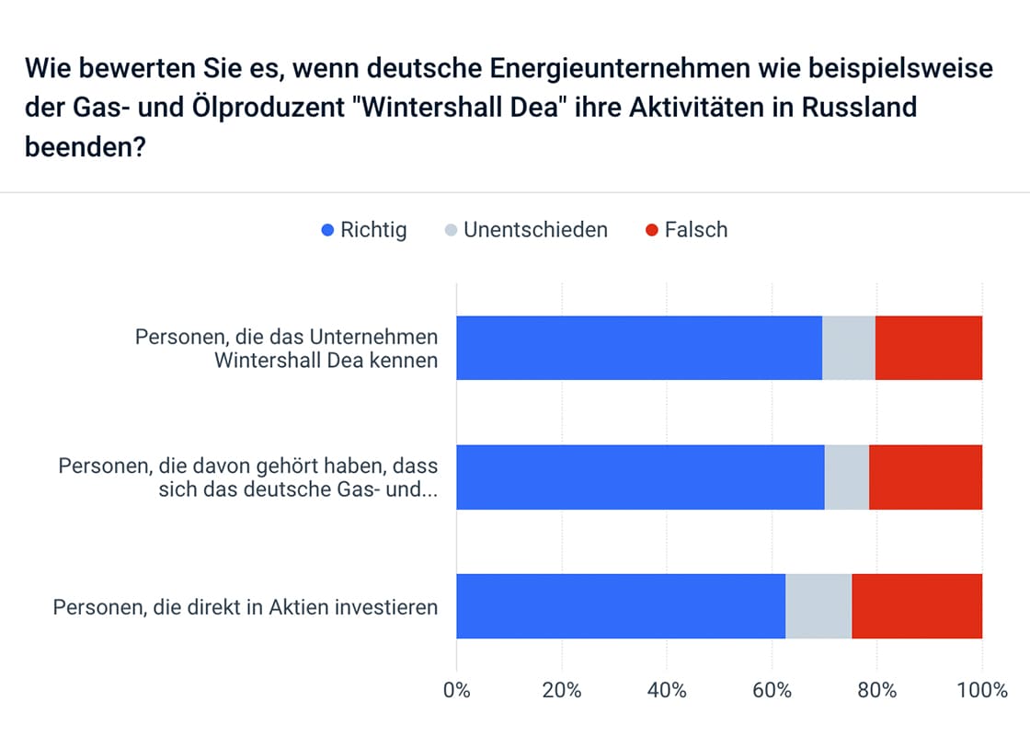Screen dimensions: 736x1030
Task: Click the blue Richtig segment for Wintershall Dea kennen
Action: [x=639, y=348]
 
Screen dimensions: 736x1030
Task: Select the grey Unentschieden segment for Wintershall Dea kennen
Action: [x=848, y=348]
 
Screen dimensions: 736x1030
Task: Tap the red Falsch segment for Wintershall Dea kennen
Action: [x=928, y=348]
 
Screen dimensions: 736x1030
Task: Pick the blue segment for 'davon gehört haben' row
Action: [x=640, y=477]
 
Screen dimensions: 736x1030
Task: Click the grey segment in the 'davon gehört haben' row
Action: [x=846, y=477]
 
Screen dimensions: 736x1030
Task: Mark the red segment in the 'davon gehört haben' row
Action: [x=925, y=477]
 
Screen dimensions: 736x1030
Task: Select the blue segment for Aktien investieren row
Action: [x=621, y=606]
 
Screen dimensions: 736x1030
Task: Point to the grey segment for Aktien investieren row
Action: [x=818, y=606]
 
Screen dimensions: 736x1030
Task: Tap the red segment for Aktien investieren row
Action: [x=917, y=606]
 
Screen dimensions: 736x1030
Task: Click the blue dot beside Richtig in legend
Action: [x=326, y=230]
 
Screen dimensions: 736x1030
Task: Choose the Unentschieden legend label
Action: [x=535, y=230]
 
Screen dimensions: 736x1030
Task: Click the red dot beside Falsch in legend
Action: [x=651, y=230]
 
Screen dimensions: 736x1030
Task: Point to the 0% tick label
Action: [x=457, y=690]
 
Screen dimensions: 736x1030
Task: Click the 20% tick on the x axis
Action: [x=561, y=690]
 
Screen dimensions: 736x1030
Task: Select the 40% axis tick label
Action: [x=667, y=690]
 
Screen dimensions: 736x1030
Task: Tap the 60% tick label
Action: [x=772, y=690]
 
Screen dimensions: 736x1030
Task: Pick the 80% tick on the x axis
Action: [x=876, y=690]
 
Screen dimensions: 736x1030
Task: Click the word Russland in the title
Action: [x=859, y=108]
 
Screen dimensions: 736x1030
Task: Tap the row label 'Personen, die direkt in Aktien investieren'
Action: [x=246, y=607]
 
